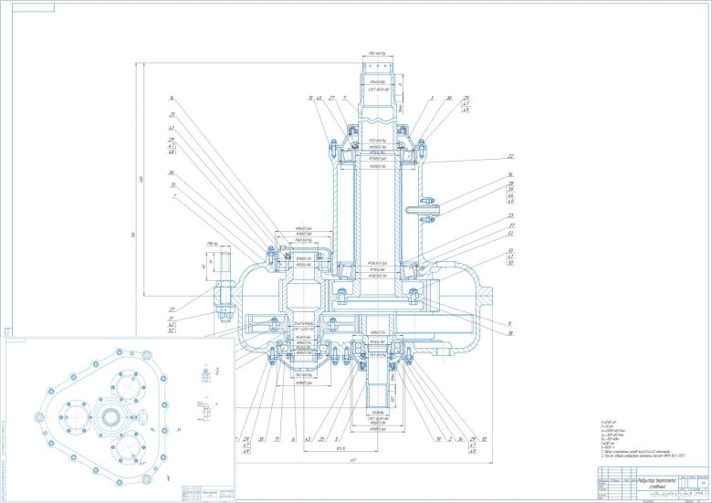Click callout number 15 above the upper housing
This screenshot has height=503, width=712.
(310, 98)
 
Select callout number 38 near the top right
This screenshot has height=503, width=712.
(449, 98)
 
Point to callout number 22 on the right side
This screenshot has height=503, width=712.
(511, 156)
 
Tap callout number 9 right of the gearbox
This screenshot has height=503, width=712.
(509, 324)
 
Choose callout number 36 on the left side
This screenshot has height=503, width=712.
(171, 173)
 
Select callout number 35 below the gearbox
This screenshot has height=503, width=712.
(261, 439)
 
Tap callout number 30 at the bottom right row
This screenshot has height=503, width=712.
(485, 439)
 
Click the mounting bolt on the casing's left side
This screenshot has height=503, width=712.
(222, 297)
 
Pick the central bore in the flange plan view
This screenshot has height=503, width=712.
(111, 418)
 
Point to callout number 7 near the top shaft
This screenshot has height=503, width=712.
(344, 98)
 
